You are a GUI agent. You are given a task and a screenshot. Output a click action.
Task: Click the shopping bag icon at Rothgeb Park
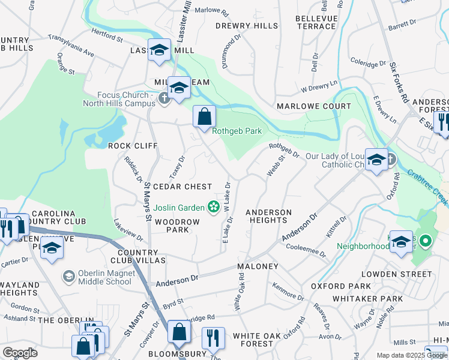pos(204,116)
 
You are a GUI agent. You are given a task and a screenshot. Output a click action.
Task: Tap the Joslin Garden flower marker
pos(212,208)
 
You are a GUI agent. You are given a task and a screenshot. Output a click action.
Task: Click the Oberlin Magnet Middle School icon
pos(68,277)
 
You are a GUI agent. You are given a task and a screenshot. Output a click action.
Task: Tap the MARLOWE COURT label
pos(313,106)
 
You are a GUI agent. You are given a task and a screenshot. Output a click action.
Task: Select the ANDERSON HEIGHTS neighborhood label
pos(268,216)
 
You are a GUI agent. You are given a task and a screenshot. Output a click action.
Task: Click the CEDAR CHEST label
pos(182,187)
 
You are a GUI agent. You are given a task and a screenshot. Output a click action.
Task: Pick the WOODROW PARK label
pos(173,226)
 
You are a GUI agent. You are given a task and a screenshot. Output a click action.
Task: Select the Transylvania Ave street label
pos(71,46)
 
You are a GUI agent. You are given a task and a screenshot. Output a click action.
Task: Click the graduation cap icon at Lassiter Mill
pos(160,50)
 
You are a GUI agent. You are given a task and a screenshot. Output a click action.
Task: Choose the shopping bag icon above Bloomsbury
pos(179,332)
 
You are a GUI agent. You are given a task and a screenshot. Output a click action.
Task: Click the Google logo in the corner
pos(20,353)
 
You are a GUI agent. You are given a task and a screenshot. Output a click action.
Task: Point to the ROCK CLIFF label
pos(132,146)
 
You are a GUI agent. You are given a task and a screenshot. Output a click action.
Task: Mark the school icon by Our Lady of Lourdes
pos(376,160)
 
